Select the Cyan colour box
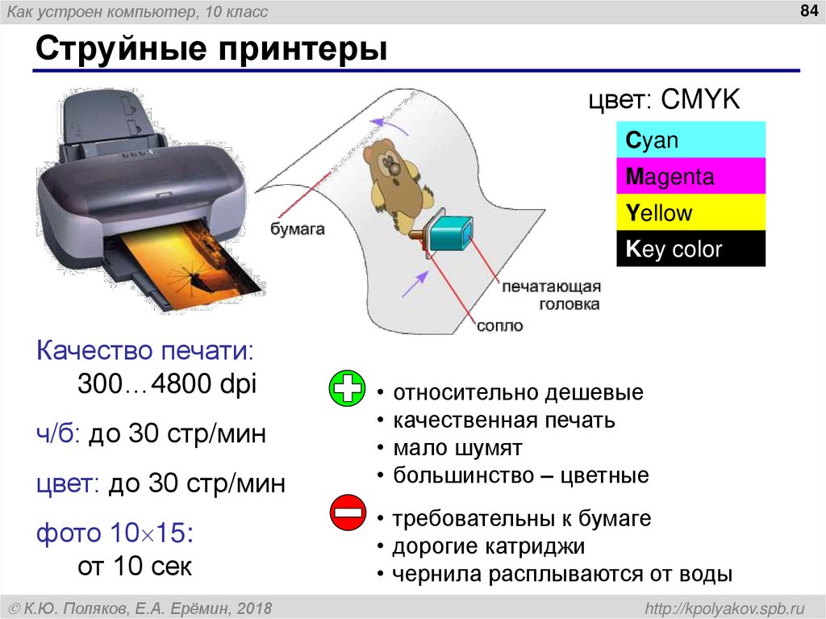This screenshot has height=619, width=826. (x=690, y=141)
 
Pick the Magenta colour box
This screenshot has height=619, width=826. (x=690, y=177)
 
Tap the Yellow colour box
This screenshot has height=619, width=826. (x=690, y=213)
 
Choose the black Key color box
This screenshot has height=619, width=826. (x=690, y=249)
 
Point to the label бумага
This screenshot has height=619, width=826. (x=297, y=229)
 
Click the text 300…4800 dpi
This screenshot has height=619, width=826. (x=167, y=384)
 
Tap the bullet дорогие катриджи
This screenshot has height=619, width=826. (x=488, y=546)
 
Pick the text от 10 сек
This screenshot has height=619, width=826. (x=135, y=567)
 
